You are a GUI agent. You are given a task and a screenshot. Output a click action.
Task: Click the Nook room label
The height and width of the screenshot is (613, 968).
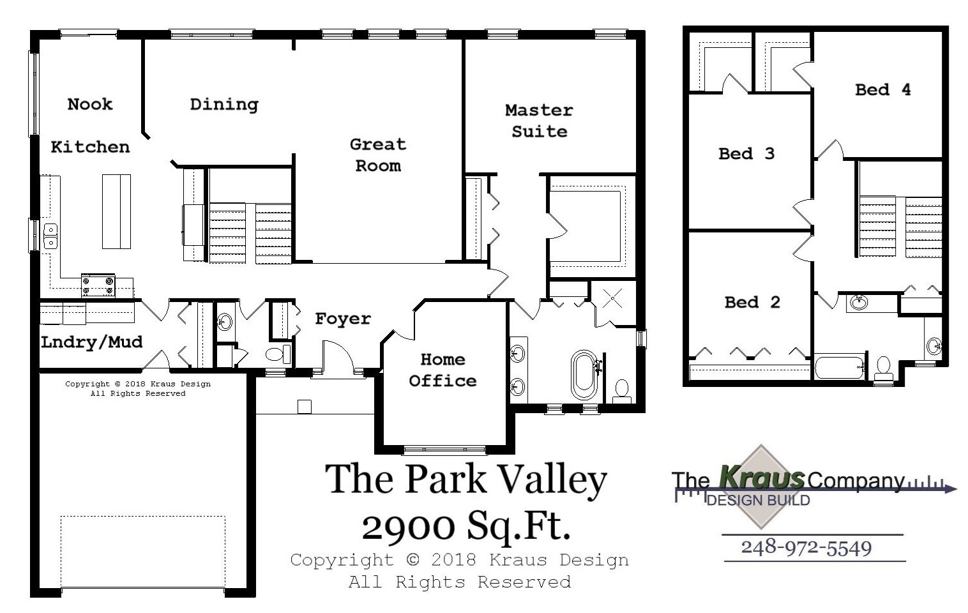[90, 104]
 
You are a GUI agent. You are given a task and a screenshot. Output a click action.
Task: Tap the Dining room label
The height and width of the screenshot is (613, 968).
[224, 105]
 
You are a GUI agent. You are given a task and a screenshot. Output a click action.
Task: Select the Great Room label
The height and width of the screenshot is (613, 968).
[378, 155]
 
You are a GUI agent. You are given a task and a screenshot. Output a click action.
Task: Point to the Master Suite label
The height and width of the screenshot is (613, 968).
[539, 121]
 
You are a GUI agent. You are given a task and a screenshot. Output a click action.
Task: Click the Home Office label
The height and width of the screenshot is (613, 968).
[442, 370]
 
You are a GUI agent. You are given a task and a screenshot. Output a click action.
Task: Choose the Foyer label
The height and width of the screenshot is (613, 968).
[343, 319]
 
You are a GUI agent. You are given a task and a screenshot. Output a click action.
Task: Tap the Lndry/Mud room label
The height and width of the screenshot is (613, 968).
[91, 342]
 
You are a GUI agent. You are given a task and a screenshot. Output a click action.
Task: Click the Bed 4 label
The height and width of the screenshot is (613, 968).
[882, 90]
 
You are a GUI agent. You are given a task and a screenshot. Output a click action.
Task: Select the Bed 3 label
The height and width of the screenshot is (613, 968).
[746, 154]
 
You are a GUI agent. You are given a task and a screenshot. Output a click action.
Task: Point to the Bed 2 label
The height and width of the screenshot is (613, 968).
[752, 302]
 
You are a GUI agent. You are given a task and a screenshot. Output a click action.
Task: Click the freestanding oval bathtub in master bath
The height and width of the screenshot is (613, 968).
[584, 375]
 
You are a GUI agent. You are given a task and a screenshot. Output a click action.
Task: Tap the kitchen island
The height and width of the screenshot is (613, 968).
[116, 211]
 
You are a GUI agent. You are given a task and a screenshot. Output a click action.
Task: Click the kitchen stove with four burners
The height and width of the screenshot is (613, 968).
[98, 285]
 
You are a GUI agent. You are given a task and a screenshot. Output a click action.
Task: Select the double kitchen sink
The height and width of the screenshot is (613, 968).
[50, 236]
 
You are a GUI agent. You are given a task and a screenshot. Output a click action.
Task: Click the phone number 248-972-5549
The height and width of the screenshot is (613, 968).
[806, 548]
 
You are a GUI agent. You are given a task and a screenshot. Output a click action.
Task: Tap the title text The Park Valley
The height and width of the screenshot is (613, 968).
[465, 479]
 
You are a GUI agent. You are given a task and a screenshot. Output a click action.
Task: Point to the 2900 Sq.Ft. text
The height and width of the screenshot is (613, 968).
[465, 526]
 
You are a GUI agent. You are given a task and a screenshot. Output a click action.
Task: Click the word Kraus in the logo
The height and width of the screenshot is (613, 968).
[761, 476]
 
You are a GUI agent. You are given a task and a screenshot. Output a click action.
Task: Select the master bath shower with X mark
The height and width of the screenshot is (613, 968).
[613, 298]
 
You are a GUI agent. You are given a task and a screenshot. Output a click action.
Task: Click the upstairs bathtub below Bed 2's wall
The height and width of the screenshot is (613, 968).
[839, 368]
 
